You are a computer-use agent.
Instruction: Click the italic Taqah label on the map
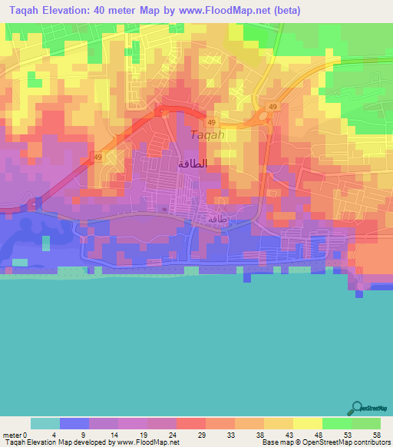[206, 135]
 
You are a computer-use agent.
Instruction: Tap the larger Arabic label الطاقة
[193, 164]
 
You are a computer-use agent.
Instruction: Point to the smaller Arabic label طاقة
[217, 219]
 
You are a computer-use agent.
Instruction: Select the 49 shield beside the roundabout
[272, 105]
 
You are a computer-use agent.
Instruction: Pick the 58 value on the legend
[377, 435]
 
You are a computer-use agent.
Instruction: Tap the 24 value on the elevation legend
[173, 435]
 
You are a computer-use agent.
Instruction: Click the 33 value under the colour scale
[231, 435]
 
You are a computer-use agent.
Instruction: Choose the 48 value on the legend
[319, 435]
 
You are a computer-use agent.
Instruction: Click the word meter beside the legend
[11, 435]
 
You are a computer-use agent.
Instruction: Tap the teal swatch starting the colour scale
[45, 423]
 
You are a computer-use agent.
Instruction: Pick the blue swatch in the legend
[74, 423]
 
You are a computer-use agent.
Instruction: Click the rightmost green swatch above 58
[366, 423]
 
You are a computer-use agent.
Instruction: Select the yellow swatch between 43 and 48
[308, 423]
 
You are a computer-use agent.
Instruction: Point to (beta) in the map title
[285, 11]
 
